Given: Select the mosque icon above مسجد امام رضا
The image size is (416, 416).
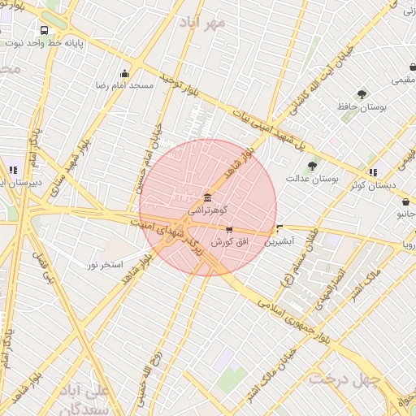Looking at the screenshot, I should point(124,73).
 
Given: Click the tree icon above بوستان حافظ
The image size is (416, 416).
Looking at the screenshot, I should point(362,94).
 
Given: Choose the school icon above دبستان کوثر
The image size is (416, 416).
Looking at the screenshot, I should point(373,172).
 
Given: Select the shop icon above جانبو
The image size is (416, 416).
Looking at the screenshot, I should point(405,202).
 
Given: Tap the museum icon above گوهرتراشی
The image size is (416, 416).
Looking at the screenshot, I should point(208,198).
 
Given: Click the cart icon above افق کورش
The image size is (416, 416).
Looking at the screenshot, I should point(228,231).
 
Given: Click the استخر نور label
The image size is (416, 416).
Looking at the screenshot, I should point(106,265).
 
